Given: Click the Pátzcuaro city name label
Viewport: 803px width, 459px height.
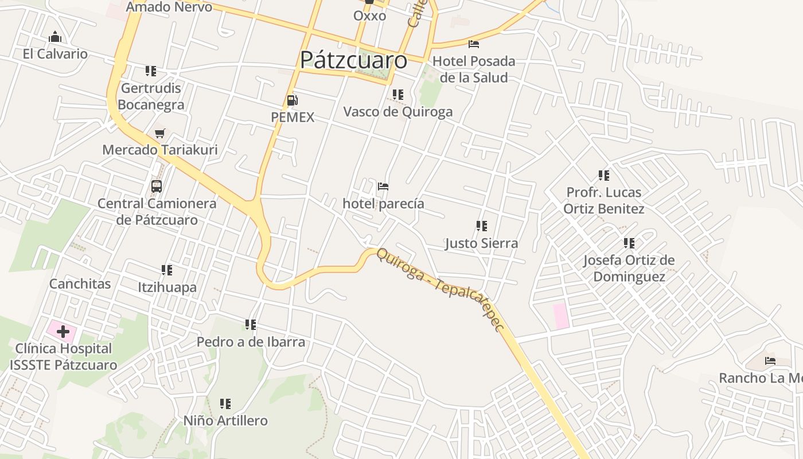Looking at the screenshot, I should pos(353,60).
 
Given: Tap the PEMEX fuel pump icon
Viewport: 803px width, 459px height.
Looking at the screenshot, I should pos(293,101).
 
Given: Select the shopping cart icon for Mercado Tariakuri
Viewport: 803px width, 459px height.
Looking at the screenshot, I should pos(160,134).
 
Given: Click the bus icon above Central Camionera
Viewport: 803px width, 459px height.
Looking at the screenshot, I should pos(157,186).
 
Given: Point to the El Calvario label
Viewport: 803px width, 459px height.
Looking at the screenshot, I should pos(55,54).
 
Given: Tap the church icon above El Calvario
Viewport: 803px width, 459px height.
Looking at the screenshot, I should pos(55,37).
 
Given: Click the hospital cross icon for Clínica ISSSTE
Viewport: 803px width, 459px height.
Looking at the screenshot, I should pos(63,332).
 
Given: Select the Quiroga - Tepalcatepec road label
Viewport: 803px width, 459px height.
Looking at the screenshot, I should pos(440,289).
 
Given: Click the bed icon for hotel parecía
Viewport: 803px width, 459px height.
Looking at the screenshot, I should pos(383,186).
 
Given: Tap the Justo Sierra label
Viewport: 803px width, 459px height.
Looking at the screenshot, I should pos(481,243).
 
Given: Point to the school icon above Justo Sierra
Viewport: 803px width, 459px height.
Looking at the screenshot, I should pos(482,226).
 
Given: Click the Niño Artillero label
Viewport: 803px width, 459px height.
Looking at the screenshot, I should pos(225,421).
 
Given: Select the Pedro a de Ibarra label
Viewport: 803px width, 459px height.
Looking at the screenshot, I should pos(251,342).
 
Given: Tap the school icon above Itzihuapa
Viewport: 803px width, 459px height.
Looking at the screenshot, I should pos(167,270).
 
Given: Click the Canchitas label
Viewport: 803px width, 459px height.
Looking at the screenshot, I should pos(80,283).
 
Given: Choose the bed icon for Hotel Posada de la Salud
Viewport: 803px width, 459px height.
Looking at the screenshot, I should pos(474,44).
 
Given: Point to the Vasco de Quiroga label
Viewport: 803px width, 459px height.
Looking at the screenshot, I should pos(397,111).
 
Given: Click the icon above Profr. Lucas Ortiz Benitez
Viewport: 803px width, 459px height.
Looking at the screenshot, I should pos(603,175).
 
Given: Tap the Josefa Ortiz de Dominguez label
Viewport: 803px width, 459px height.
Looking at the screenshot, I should pos(629,269).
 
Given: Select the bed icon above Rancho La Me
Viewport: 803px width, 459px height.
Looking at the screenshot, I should pos(770,361).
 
